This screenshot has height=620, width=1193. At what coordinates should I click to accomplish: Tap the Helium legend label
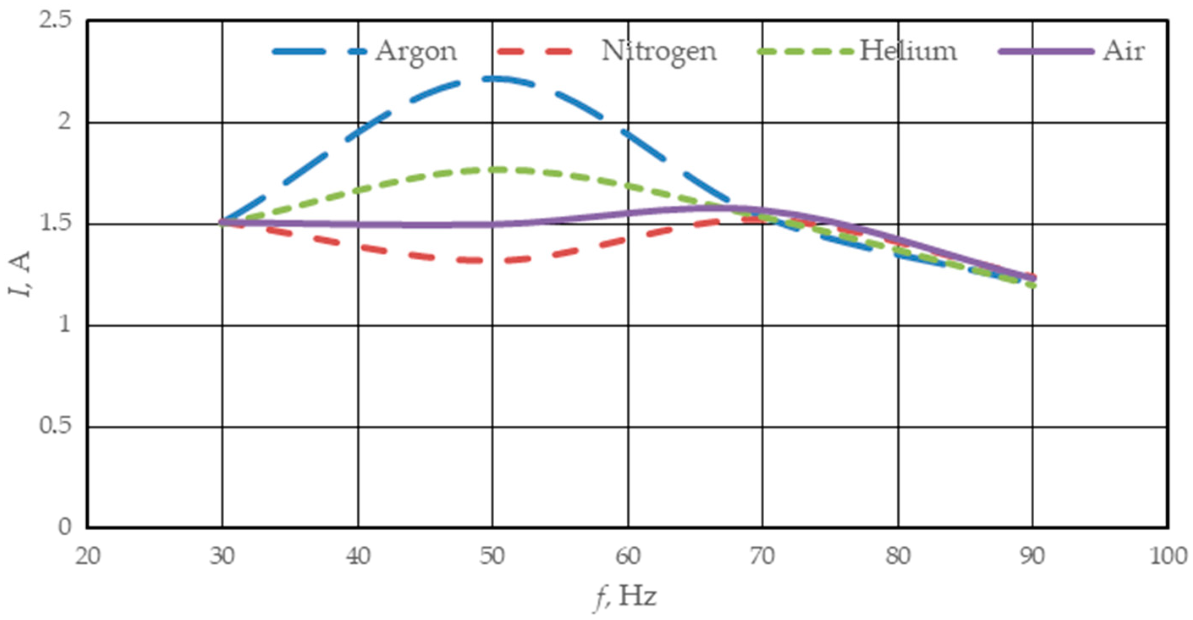908,51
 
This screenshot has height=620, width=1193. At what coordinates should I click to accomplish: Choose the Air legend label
1124,51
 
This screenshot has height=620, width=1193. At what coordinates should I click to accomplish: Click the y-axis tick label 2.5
55,21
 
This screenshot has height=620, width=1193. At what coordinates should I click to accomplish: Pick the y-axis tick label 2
64,122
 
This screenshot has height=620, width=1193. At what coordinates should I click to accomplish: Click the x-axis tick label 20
88,556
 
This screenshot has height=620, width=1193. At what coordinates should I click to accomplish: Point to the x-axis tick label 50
492,556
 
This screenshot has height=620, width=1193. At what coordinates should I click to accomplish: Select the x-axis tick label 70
763,556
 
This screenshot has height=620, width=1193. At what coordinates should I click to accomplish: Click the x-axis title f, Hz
625,596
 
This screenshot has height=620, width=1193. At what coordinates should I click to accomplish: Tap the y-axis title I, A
19,274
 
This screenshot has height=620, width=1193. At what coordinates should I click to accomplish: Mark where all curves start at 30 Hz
223,223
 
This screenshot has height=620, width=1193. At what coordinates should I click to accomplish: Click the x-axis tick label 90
1032,556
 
